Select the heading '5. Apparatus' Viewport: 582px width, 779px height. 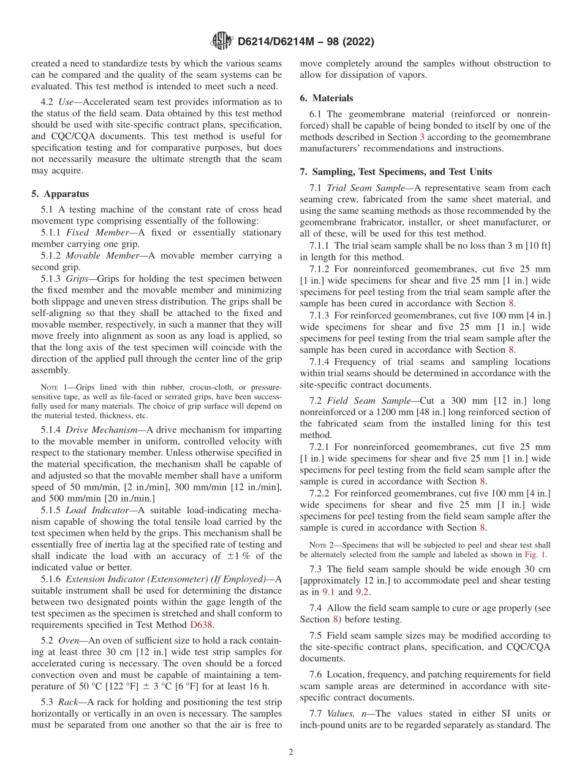pos(60,194)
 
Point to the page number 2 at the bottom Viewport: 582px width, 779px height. pos(291,752)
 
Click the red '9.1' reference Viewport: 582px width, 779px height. pos(346,592)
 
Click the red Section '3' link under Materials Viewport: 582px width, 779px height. pos(421,137)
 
